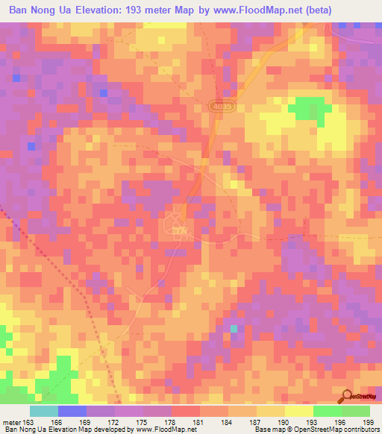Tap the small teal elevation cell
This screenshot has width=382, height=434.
[x=234, y=328]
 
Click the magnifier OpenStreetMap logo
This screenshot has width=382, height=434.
[x=347, y=396]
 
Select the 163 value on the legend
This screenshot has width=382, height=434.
[x=28, y=422]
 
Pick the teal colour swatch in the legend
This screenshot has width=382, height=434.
[x=44, y=411]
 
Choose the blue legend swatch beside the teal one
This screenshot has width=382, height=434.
[x=72, y=411]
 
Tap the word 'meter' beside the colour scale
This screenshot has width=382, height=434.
[x=11, y=422]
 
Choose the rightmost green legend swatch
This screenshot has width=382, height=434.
[x=356, y=411]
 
